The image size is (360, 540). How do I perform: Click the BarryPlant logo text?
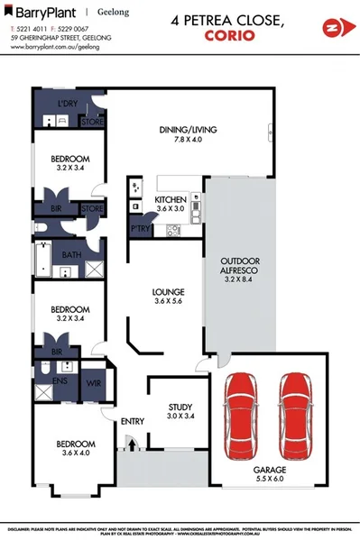click(42, 14)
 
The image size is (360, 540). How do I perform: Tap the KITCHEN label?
click(170, 199)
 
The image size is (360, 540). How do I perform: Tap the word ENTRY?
click(133, 421)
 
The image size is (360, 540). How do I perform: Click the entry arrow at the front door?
click(131, 444)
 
